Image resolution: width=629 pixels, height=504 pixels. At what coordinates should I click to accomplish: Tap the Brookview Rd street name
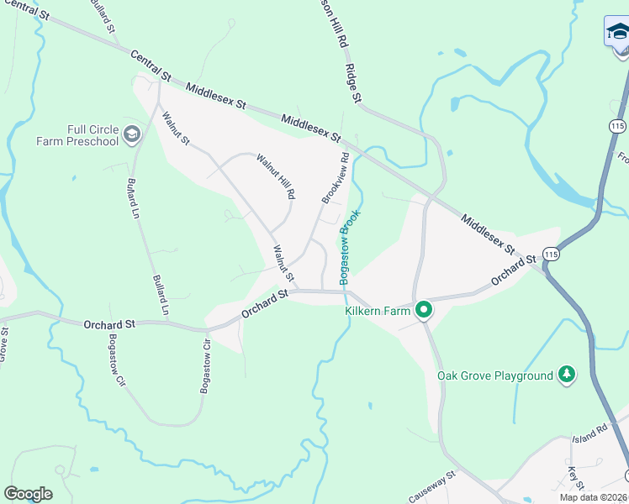tap(335, 177)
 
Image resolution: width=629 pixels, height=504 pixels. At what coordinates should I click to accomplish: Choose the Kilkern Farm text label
tap(378, 311)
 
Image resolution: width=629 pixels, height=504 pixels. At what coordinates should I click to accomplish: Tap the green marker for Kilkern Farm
tap(425, 311)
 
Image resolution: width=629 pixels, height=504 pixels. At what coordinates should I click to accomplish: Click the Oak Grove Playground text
tap(495, 375)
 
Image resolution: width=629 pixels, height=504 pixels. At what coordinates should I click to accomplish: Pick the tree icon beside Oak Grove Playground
tap(568, 375)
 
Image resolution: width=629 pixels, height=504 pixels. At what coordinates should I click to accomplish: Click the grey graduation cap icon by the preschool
tap(131, 134)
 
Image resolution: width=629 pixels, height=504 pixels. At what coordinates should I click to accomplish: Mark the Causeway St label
tap(432, 486)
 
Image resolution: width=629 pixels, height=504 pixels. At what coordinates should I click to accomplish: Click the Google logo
tap(28, 494)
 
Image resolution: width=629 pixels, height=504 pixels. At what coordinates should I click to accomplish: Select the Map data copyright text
tap(594, 497)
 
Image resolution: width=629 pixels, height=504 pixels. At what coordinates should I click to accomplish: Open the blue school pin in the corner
tap(617, 33)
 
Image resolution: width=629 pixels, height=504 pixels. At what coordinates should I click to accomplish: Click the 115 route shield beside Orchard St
tap(551, 254)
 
